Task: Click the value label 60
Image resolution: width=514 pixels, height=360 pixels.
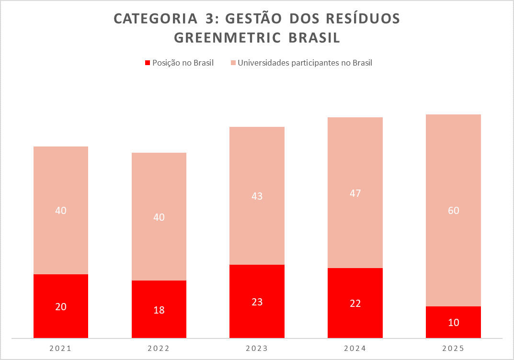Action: (453, 211)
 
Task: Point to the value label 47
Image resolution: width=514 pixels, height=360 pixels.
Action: (355, 193)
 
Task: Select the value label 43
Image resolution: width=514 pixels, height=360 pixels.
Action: (257, 196)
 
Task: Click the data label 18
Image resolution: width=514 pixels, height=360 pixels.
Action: (159, 310)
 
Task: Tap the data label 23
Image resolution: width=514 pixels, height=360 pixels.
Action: (257, 302)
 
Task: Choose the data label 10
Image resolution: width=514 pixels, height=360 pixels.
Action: (453, 323)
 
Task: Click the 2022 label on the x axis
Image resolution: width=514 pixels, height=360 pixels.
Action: (159, 349)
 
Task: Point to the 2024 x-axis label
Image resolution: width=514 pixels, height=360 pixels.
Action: (355, 349)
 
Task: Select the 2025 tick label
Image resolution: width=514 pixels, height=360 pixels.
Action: (453, 349)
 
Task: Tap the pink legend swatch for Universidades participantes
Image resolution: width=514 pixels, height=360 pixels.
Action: (233, 63)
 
